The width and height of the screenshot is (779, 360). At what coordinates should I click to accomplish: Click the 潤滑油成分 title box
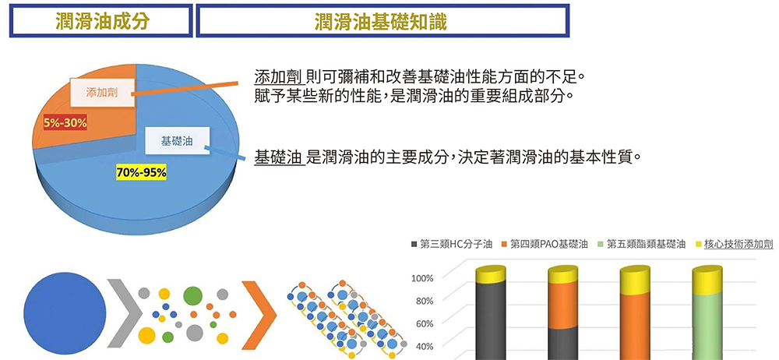[100, 20]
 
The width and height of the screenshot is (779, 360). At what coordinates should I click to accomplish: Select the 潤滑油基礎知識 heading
[381, 21]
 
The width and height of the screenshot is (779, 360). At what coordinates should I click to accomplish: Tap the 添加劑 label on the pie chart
[102, 92]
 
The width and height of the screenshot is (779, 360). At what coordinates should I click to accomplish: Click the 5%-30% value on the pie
[65, 122]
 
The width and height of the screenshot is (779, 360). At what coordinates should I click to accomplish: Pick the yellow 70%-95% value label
[142, 172]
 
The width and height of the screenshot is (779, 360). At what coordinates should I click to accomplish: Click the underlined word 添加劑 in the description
[279, 77]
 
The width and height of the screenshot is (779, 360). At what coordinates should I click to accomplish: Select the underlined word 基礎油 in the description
[279, 157]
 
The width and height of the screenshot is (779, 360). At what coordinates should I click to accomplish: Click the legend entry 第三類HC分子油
[452, 244]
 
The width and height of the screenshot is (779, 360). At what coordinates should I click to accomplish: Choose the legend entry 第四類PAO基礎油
[545, 244]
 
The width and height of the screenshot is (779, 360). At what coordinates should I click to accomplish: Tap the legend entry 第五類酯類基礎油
[641, 244]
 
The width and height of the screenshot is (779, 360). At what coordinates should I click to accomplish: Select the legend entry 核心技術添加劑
[734, 244]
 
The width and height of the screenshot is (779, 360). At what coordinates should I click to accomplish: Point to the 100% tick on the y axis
[423, 278]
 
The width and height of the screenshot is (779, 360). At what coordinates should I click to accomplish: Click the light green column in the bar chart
[707, 326]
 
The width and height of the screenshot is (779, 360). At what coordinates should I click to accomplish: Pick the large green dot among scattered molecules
[192, 295]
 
